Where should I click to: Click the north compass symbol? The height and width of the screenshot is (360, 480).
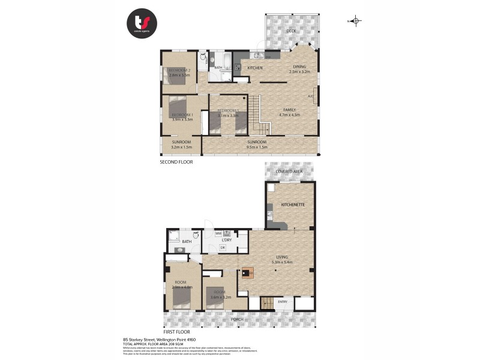[356, 22]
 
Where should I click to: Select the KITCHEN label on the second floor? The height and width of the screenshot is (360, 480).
[255, 68]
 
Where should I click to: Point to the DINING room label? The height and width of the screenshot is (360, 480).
[299, 67]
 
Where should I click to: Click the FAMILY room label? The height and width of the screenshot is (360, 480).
[290, 110]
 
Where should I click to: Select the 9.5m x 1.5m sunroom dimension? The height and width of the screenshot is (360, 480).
[257, 146]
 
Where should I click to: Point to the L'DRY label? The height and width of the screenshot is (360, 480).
[226, 240]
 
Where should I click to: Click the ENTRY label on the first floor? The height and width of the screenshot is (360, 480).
[283, 302]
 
